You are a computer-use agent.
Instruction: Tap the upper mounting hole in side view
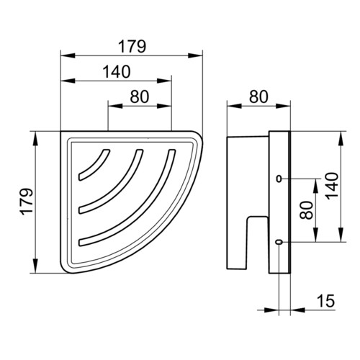(x=279, y=179)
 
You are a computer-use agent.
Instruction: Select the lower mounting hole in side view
(x=279, y=242)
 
